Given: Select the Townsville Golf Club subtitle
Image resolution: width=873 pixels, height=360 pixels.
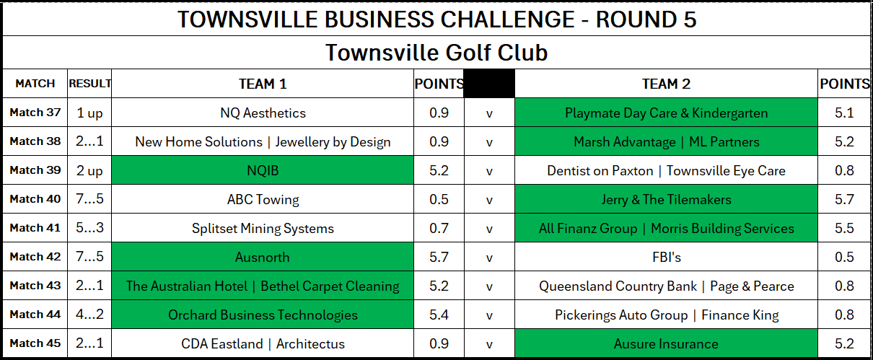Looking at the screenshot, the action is point(436,53).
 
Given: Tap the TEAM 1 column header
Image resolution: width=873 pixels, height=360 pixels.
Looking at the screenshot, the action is point(263,84).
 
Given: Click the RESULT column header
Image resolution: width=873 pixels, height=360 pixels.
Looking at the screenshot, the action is point(89,84).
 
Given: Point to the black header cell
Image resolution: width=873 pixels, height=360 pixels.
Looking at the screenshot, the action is point(489,84).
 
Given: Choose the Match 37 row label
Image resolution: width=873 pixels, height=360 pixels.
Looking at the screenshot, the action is point(35,113).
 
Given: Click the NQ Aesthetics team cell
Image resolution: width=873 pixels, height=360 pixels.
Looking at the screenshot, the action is point(263,113).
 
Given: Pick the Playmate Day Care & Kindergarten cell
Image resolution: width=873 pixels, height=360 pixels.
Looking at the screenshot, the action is point(666,113).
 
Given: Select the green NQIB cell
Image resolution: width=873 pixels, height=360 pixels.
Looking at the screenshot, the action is point(263,170).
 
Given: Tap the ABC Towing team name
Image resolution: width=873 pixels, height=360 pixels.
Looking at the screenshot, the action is point(263,200).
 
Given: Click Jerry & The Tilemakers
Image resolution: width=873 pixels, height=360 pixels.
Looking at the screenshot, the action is point(666,200).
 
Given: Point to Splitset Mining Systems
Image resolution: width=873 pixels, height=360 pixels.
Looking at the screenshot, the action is point(263,228).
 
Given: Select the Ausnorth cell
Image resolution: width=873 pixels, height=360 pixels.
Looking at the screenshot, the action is point(263,257).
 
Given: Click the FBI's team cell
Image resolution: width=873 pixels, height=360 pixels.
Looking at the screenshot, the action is point(666,257).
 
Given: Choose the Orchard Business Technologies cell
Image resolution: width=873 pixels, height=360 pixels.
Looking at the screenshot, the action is point(263,315).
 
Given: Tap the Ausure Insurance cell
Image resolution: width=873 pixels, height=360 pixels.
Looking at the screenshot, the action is point(666,343).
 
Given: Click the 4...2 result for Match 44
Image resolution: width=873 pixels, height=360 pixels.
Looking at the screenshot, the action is point(89,314).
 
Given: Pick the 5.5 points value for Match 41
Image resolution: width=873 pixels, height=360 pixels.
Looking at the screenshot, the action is point(844,228).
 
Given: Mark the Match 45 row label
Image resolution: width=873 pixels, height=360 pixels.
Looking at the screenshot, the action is point(35,343).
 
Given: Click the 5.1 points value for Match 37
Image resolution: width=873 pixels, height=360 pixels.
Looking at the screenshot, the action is point(844,113).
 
